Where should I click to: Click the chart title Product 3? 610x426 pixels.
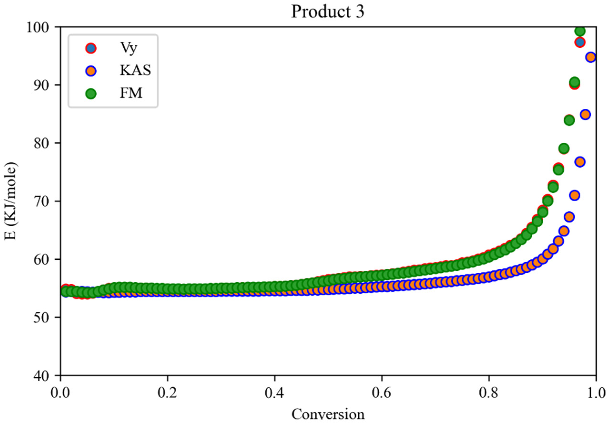click(x=328, y=12)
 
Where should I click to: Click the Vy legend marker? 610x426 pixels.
click(x=91, y=48)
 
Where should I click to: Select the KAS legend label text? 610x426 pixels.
click(x=135, y=70)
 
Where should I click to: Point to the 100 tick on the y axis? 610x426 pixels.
click(x=40, y=27)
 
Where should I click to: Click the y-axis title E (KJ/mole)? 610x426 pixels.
click(x=11, y=201)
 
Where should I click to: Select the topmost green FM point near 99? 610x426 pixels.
click(x=580, y=31)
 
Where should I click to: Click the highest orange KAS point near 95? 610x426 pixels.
click(x=591, y=57)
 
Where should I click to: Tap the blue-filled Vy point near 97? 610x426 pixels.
click(x=580, y=42)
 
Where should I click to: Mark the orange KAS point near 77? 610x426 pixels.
click(x=580, y=162)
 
